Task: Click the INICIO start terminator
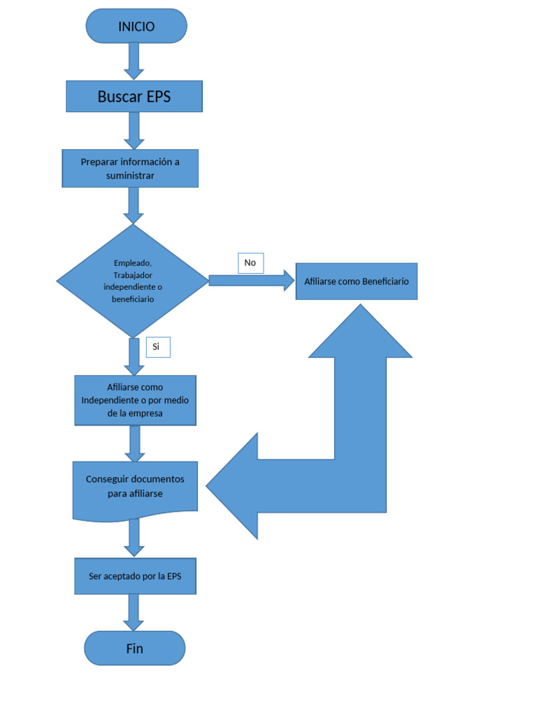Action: [x=136, y=26]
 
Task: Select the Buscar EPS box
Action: [x=134, y=97]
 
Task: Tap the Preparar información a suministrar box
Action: [x=130, y=168]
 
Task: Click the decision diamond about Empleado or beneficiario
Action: [x=132, y=281]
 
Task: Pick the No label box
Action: [x=250, y=263]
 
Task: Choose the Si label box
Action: [x=157, y=347]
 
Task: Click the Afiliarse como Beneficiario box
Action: [x=356, y=281]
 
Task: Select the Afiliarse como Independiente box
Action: [x=135, y=401]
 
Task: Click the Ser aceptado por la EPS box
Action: [x=135, y=576]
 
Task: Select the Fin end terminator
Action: [x=134, y=648]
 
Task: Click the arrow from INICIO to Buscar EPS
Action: [x=134, y=60]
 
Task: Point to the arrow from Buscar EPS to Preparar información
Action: [x=134, y=130]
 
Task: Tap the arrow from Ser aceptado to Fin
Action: [x=134, y=612]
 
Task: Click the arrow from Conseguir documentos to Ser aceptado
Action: [x=134, y=538]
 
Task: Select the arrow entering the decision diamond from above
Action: [x=133, y=205]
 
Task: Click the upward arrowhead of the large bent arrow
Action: [x=360, y=333]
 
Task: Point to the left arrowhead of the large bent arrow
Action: [x=234, y=486]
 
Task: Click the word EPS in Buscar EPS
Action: [x=158, y=97]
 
